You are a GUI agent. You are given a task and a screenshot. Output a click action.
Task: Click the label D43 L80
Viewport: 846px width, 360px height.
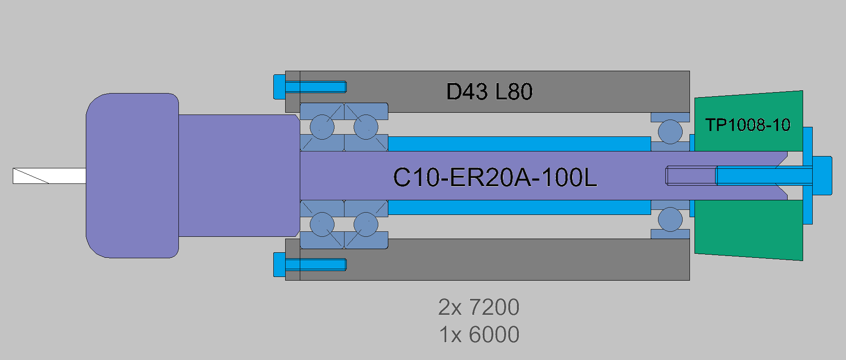pyautogui.click(x=489, y=92)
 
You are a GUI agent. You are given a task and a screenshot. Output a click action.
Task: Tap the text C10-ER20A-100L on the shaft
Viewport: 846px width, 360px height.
pyautogui.click(x=495, y=177)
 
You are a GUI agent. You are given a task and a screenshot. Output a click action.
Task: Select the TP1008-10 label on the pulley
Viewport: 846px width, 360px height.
pyautogui.click(x=747, y=125)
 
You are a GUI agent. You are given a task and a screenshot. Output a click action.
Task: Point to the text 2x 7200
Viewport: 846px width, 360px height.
pyautogui.click(x=479, y=307)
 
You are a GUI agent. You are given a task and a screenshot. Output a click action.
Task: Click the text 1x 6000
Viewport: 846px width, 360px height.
pyautogui.click(x=479, y=334)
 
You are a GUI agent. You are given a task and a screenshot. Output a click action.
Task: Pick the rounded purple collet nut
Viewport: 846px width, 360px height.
pyautogui.click(x=132, y=176)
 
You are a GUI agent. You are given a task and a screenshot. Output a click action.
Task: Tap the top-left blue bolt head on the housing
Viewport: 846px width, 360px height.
pyautogui.click(x=279, y=86)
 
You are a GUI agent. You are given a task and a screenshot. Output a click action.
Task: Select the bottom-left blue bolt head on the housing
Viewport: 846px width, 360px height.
pyautogui.click(x=279, y=264)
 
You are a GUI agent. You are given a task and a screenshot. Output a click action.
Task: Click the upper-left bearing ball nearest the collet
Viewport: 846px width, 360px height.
pyautogui.click(x=322, y=127)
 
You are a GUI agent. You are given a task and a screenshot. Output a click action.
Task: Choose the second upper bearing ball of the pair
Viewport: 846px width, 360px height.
pyautogui.click(x=366, y=127)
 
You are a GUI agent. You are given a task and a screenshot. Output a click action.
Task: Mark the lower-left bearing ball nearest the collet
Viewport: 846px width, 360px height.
pyautogui.click(x=322, y=224)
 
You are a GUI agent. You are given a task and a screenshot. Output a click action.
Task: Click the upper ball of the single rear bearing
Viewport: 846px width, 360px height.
pyautogui.click(x=670, y=131)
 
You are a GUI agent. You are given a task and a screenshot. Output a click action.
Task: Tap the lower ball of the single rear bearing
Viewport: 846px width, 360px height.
pyautogui.click(x=670, y=219)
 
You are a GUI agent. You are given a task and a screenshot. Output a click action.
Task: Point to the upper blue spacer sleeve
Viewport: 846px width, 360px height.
pyautogui.click(x=519, y=144)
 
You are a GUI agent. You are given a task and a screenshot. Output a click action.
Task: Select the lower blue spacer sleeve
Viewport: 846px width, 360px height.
pyautogui.click(x=519, y=207)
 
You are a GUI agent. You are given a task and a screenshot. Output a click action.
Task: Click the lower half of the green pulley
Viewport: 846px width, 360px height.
pyautogui.click(x=748, y=230)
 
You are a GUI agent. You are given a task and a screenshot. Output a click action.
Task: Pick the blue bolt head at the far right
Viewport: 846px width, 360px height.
pyautogui.click(x=822, y=176)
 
